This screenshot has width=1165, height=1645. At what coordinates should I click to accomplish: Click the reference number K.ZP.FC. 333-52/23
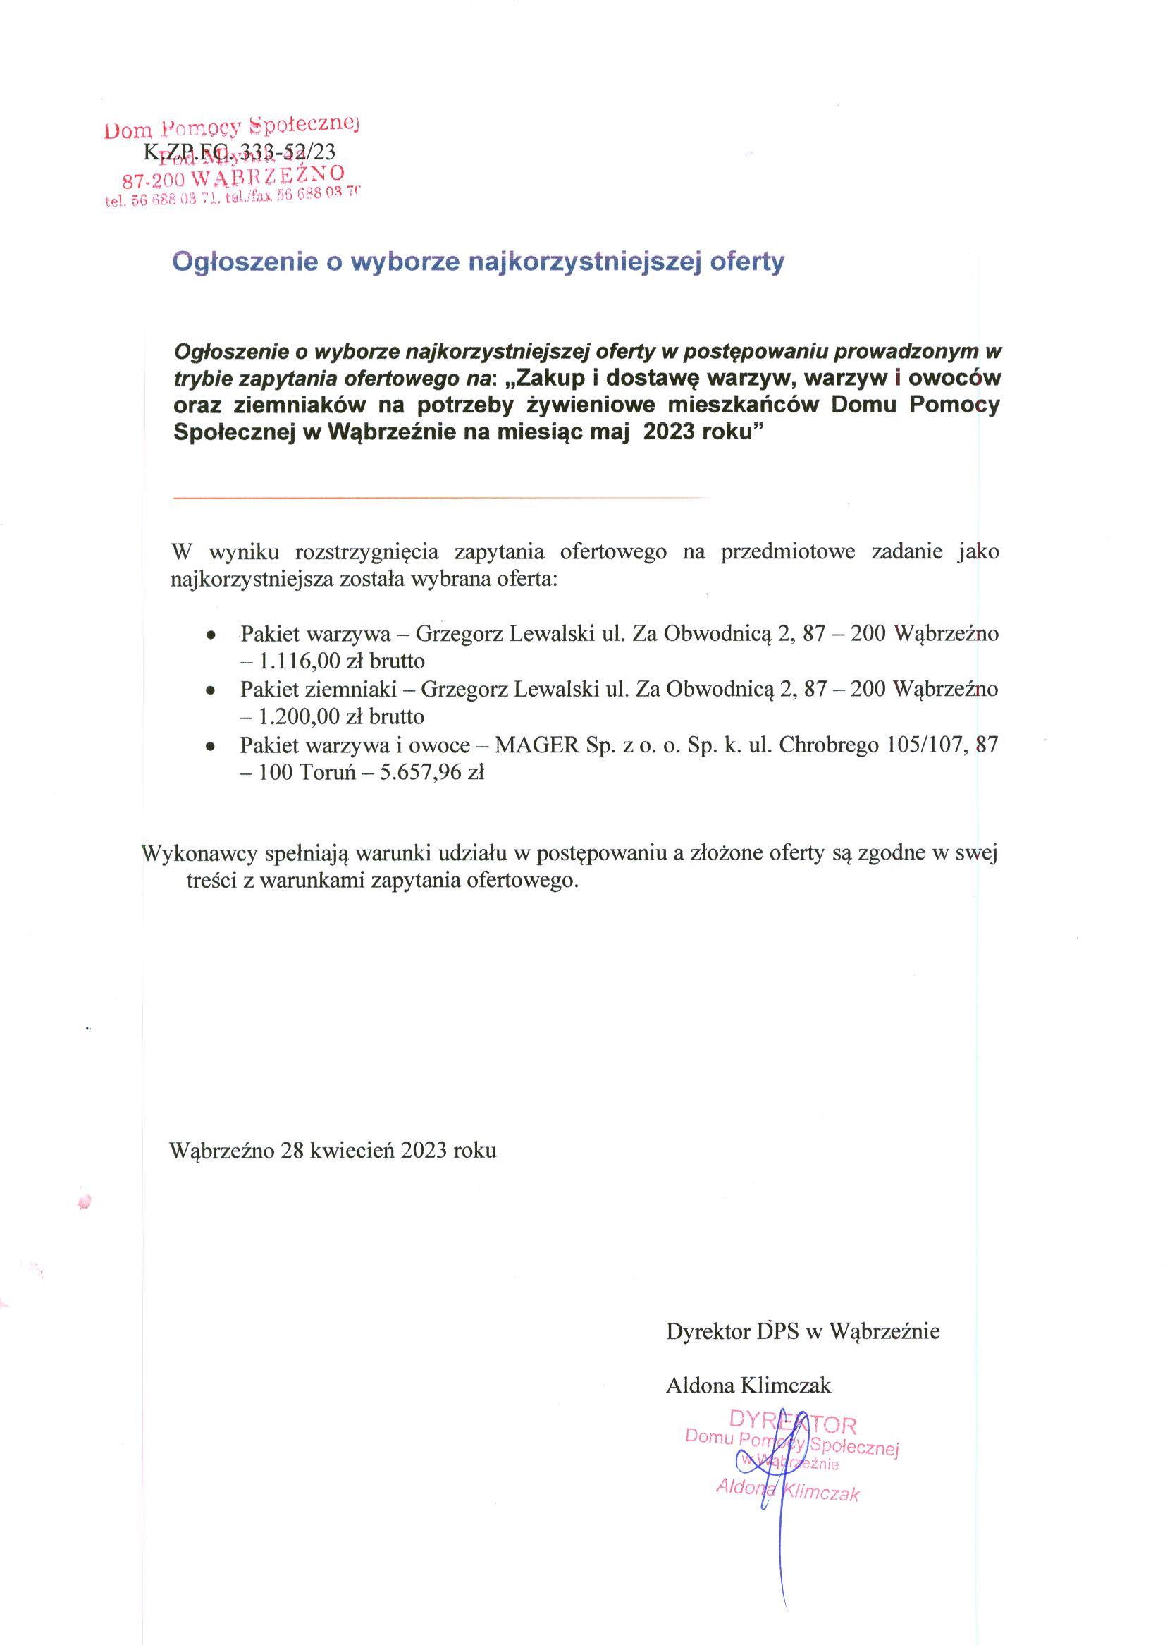(240, 152)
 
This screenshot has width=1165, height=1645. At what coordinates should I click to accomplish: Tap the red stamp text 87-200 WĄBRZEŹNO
(233, 175)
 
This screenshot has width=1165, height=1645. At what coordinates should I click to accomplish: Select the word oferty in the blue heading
(747, 262)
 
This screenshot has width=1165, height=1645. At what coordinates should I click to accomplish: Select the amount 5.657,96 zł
(431, 773)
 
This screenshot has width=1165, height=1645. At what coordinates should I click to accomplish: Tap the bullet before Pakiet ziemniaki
(210, 690)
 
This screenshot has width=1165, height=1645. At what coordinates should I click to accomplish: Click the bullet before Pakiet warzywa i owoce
(210, 747)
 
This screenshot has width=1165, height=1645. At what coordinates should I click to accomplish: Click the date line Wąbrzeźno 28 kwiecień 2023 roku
(333, 1151)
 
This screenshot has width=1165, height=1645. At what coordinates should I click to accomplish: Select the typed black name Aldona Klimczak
(748, 1385)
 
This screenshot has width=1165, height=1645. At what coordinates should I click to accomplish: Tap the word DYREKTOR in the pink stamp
(792, 1424)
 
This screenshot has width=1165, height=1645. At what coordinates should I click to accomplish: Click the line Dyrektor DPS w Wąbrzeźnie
(803, 1331)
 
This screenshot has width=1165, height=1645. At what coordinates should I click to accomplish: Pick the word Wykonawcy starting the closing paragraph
(200, 852)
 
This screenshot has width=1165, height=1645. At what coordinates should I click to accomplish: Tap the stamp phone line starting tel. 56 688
(231, 198)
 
